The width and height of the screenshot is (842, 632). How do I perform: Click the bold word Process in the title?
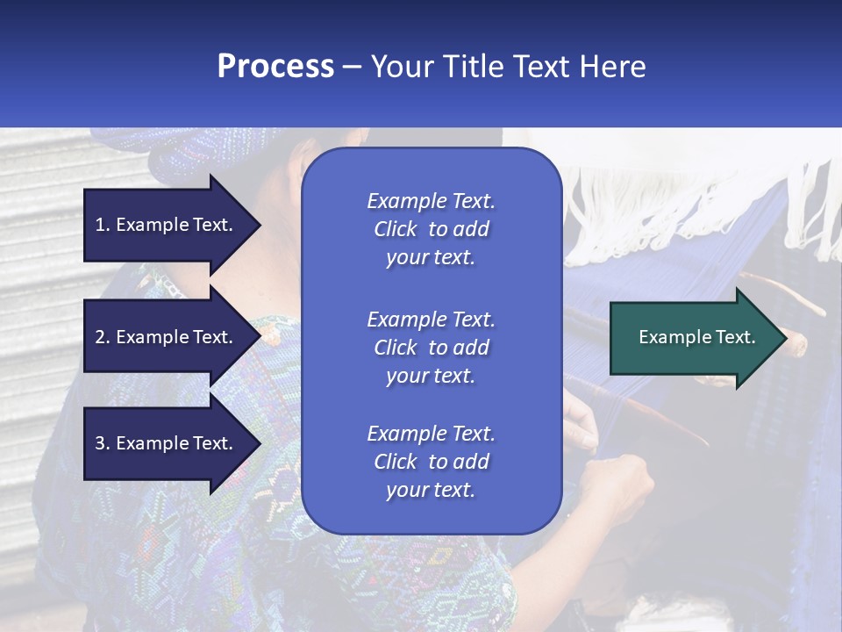275,67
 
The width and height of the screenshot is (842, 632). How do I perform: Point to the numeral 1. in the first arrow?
103,225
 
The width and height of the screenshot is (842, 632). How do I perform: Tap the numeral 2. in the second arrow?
103,337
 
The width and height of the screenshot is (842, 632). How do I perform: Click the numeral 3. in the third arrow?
103,443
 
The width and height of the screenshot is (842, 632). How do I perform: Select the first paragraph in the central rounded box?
431,229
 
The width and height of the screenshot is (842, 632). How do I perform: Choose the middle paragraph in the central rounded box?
431,348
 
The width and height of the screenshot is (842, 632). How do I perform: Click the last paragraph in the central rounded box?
431,462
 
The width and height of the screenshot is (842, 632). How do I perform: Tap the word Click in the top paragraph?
396,229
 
